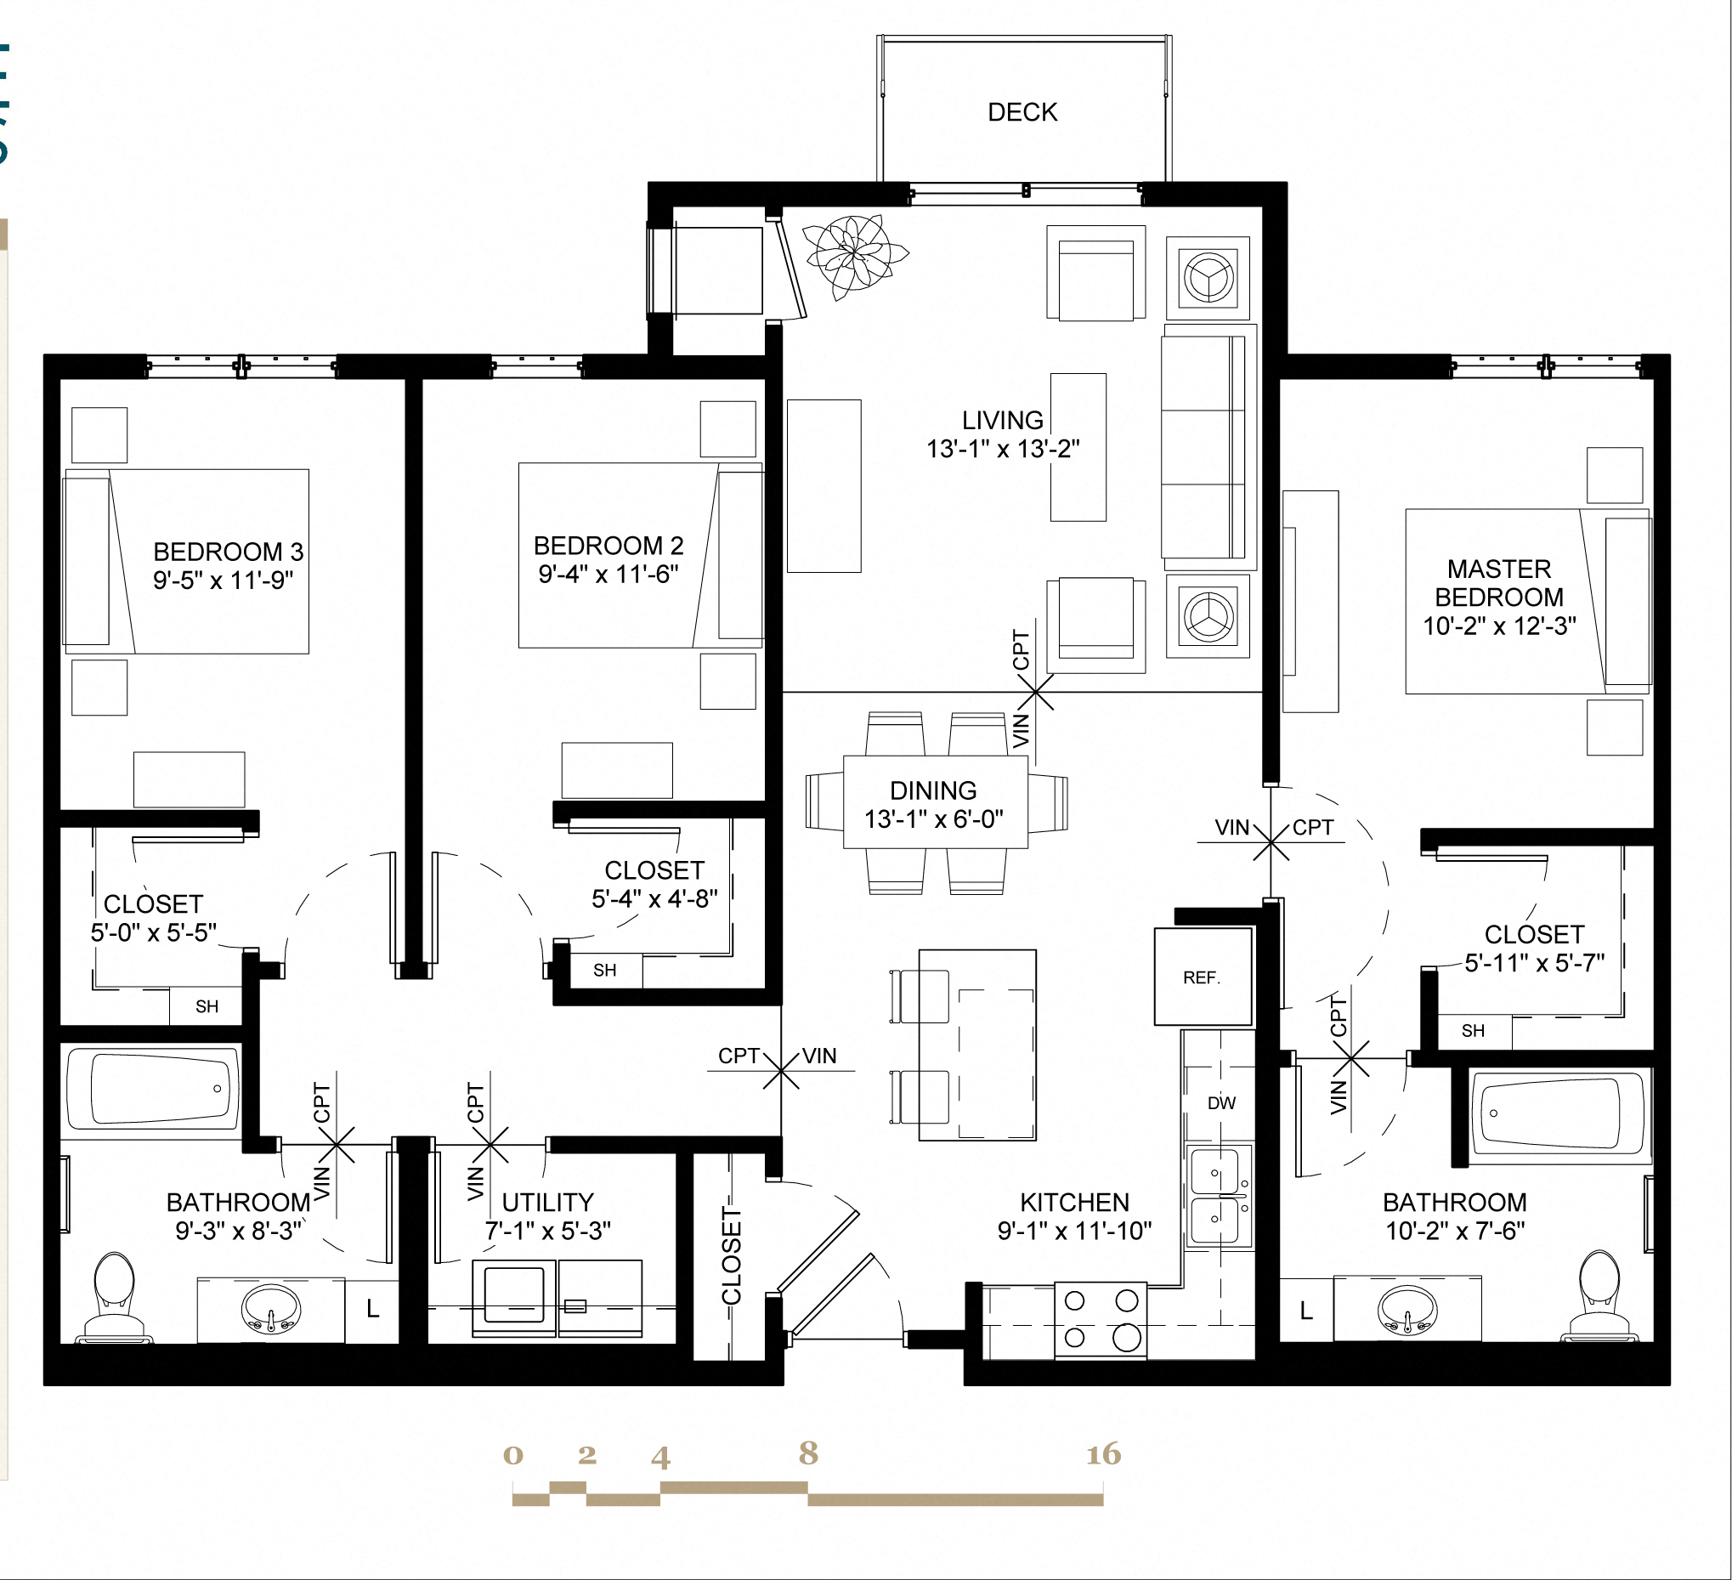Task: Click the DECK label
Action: pos(1022,112)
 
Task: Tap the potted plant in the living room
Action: pos(852,255)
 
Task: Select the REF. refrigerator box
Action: pos(1202,977)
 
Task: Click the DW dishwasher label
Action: pos(1221,1103)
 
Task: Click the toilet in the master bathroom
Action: pos(1599,1293)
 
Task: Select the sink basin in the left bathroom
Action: pos(270,1310)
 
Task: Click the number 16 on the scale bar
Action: pos(1103,1454)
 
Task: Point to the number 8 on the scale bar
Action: pos(807,1453)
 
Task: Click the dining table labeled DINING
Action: pos(935,802)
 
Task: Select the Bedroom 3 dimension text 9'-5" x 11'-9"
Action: pos(224,580)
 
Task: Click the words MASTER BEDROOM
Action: pos(1499,583)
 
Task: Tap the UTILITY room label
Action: pos(547,1202)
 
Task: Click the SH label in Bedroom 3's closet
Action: pos(207,1007)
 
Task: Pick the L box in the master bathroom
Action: pos(1306,1311)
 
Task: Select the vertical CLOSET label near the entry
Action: pos(731,1255)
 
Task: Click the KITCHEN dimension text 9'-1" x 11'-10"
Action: pos(1074,1232)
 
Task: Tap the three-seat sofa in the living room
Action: pos(1203,447)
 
